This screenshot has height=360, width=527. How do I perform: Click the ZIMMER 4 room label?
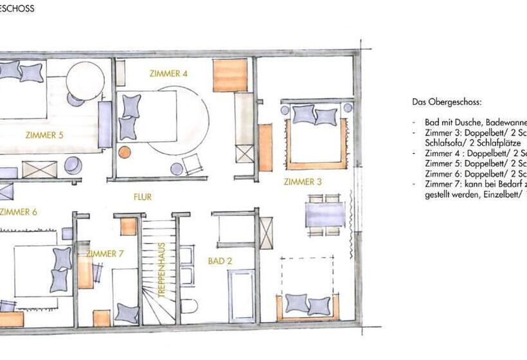pyautogui.click(x=168, y=73)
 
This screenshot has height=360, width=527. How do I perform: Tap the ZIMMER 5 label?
pyautogui.click(x=44, y=135)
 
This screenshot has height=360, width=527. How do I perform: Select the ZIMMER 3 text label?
pyautogui.click(x=302, y=182)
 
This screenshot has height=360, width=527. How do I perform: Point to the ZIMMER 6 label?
pyautogui.click(x=19, y=212)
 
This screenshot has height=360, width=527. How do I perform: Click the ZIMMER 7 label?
pyautogui.click(x=104, y=254)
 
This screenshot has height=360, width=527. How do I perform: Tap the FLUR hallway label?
pyautogui.click(x=142, y=197)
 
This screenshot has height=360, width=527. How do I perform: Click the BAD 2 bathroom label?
pyautogui.click(x=220, y=261)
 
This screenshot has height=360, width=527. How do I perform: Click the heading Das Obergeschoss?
pyautogui.click(x=447, y=102)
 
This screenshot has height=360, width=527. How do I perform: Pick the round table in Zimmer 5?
pyautogui.click(x=85, y=80)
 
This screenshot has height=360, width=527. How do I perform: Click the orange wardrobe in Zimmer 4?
pyautogui.click(x=230, y=75)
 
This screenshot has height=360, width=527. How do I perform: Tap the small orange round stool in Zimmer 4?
pyautogui.click(x=124, y=152)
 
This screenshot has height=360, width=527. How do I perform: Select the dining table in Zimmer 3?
pyautogui.click(x=325, y=215)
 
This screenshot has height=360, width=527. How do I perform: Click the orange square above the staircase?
pyautogui.click(x=129, y=226)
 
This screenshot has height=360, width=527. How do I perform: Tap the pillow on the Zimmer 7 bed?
pyautogui.click(x=127, y=314)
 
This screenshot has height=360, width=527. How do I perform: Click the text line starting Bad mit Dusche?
pyautogui.click(x=476, y=122)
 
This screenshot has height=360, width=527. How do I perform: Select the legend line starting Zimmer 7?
pyautogui.click(x=476, y=184)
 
